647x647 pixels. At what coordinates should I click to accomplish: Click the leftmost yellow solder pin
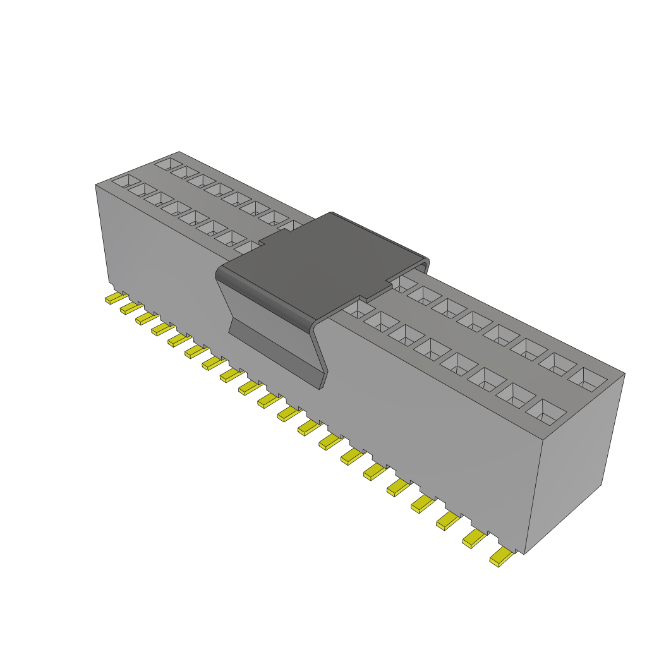click(114, 298)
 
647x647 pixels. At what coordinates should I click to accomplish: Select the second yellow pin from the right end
click(475, 538)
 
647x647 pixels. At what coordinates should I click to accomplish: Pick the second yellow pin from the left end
click(130, 308)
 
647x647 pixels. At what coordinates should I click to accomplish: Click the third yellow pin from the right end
click(448, 520)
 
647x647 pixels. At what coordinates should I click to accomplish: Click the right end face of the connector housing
click(575, 461)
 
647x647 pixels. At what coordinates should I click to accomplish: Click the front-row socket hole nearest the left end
click(126, 181)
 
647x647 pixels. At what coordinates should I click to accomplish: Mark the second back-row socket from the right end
click(559, 363)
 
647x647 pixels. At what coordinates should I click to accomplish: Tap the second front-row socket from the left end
click(142, 190)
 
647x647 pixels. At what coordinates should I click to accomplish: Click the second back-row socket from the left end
click(185, 172)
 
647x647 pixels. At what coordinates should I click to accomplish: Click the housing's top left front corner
click(95, 185)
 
